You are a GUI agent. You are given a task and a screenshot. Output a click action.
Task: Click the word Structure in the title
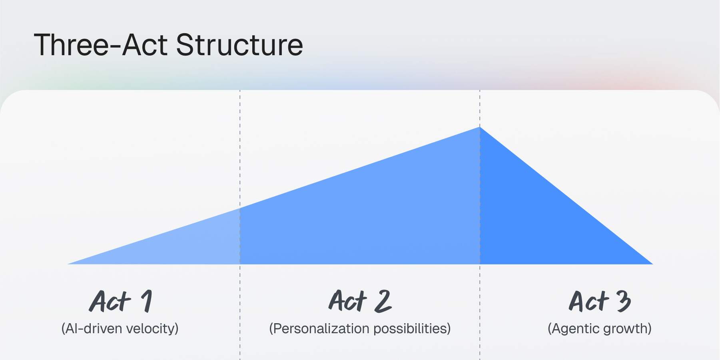pyautogui.click(x=239, y=45)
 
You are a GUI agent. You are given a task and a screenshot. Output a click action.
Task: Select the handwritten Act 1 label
pyautogui.click(x=120, y=301)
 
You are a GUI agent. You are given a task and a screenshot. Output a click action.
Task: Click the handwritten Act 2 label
pyautogui.click(x=360, y=301)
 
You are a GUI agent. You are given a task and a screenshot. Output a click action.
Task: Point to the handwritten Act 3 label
pyautogui.click(x=600, y=301)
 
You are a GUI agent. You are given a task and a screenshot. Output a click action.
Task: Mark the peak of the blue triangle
pyautogui.click(x=480, y=127)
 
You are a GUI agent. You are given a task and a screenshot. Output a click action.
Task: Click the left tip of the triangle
pyautogui.click(x=68, y=264)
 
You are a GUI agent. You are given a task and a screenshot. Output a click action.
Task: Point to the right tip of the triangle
pyautogui.click(x=653, y=264)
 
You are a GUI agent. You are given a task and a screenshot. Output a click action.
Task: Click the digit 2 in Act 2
pyautogui.click(x=383, y=301)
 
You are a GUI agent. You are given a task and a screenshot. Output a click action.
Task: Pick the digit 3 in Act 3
pyautogui.click(x=624, y=301)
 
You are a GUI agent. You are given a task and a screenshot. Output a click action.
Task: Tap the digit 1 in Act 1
pyautogui.click(x=147, y=301)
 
